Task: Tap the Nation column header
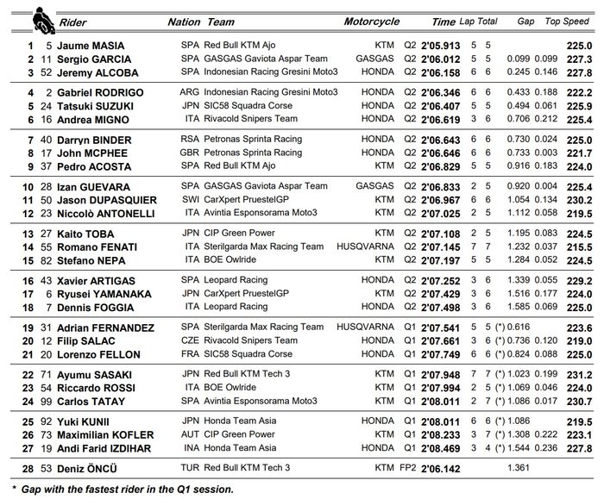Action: click(x=183, y=22)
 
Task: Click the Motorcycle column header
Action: click(x=371, y=22)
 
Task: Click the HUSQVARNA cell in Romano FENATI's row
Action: click(x=372, y=247)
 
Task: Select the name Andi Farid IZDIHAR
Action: click(x=105, y=448)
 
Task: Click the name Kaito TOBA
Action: click(x=85, y=234)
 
